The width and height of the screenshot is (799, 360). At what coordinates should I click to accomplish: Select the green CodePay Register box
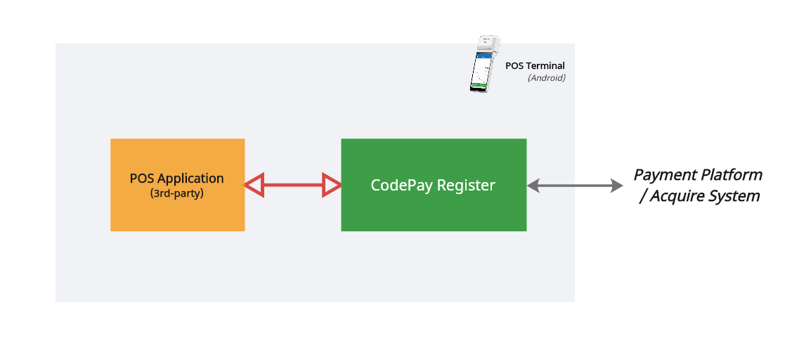click(x=434, y=211)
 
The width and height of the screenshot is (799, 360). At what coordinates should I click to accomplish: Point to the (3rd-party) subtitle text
click(x=177, y=193)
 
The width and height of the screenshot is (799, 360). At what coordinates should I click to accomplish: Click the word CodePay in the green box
click(x=402, y=186)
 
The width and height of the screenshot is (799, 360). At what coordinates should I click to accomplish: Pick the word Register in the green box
click(x=466, y=186)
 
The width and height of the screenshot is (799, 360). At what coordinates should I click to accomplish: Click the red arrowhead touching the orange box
click(x=254, y=186)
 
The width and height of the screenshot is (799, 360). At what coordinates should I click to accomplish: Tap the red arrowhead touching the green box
click(x=332, y=186)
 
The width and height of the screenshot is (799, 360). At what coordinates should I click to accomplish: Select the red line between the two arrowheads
click(x=292, y=186)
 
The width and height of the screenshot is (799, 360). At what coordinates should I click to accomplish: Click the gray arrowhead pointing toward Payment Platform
click(x=616, y=186)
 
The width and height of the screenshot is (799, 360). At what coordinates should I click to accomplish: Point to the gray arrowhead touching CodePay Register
click(x=533, y=186)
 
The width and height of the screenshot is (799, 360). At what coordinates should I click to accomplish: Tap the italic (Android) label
click(x=547, y=78)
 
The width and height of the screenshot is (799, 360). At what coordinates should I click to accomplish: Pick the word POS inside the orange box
click(x=142, y=179)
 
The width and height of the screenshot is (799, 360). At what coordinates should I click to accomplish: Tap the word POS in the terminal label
click(x=514, y=66)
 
